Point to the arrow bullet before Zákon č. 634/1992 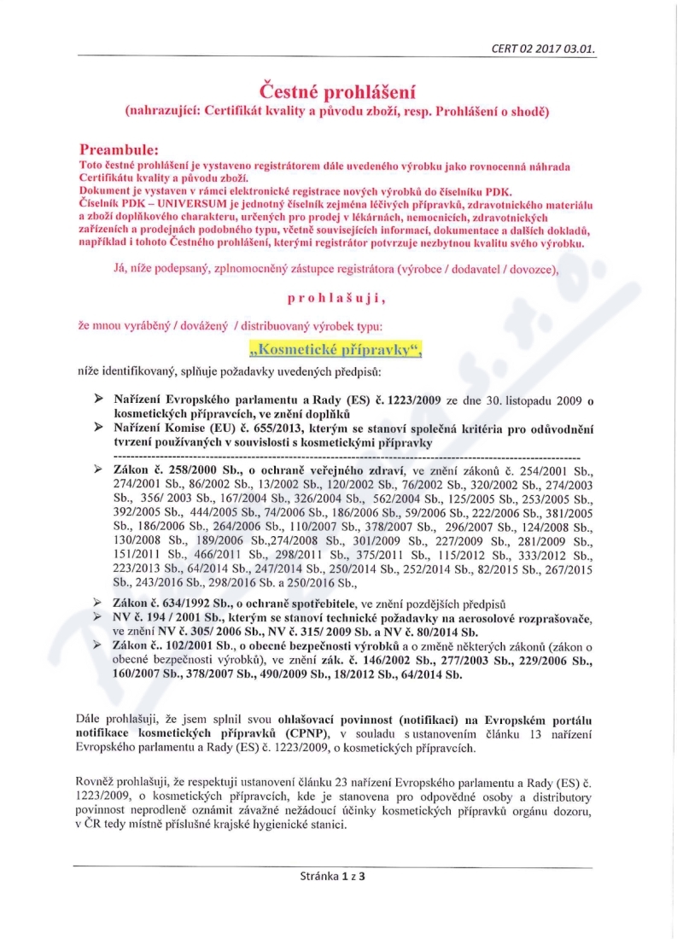pos(98,603)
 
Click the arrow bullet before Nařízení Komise pos(98,427)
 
